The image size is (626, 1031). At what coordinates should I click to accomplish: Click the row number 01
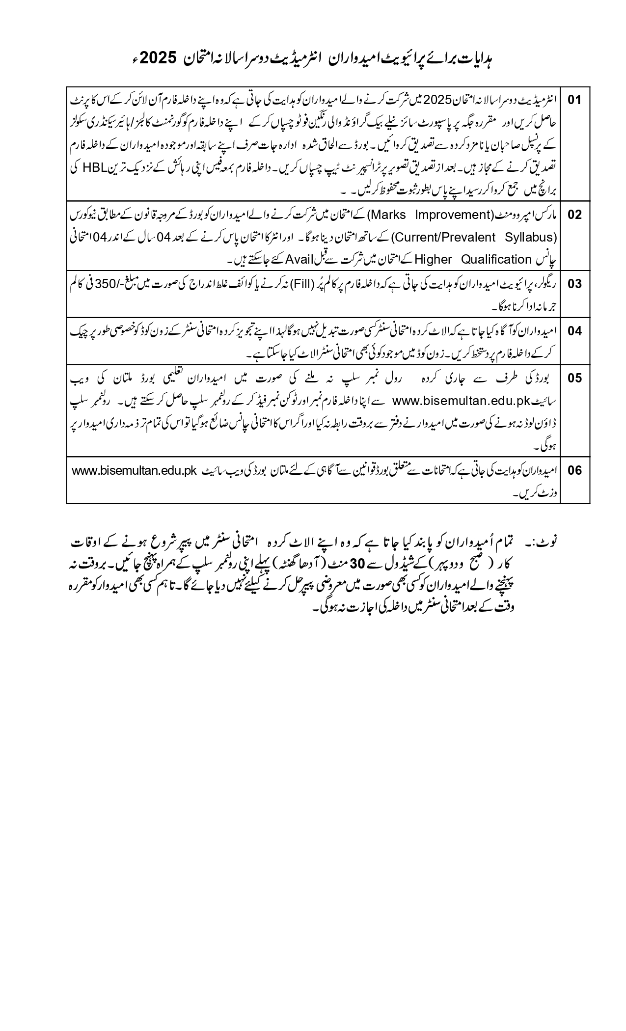click(x=574, y=100)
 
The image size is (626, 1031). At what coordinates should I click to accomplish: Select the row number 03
click(x=574, y=284)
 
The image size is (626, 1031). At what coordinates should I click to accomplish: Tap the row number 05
click(x=574, y=378)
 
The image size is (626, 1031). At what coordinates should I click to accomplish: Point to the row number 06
click(x=574, y=470)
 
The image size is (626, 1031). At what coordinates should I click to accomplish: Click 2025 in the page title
click(x=159, y=58)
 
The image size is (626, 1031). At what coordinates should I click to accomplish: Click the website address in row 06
click(x=135, y=470)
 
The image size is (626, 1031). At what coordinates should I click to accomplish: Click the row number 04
click(x=574, y=330)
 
